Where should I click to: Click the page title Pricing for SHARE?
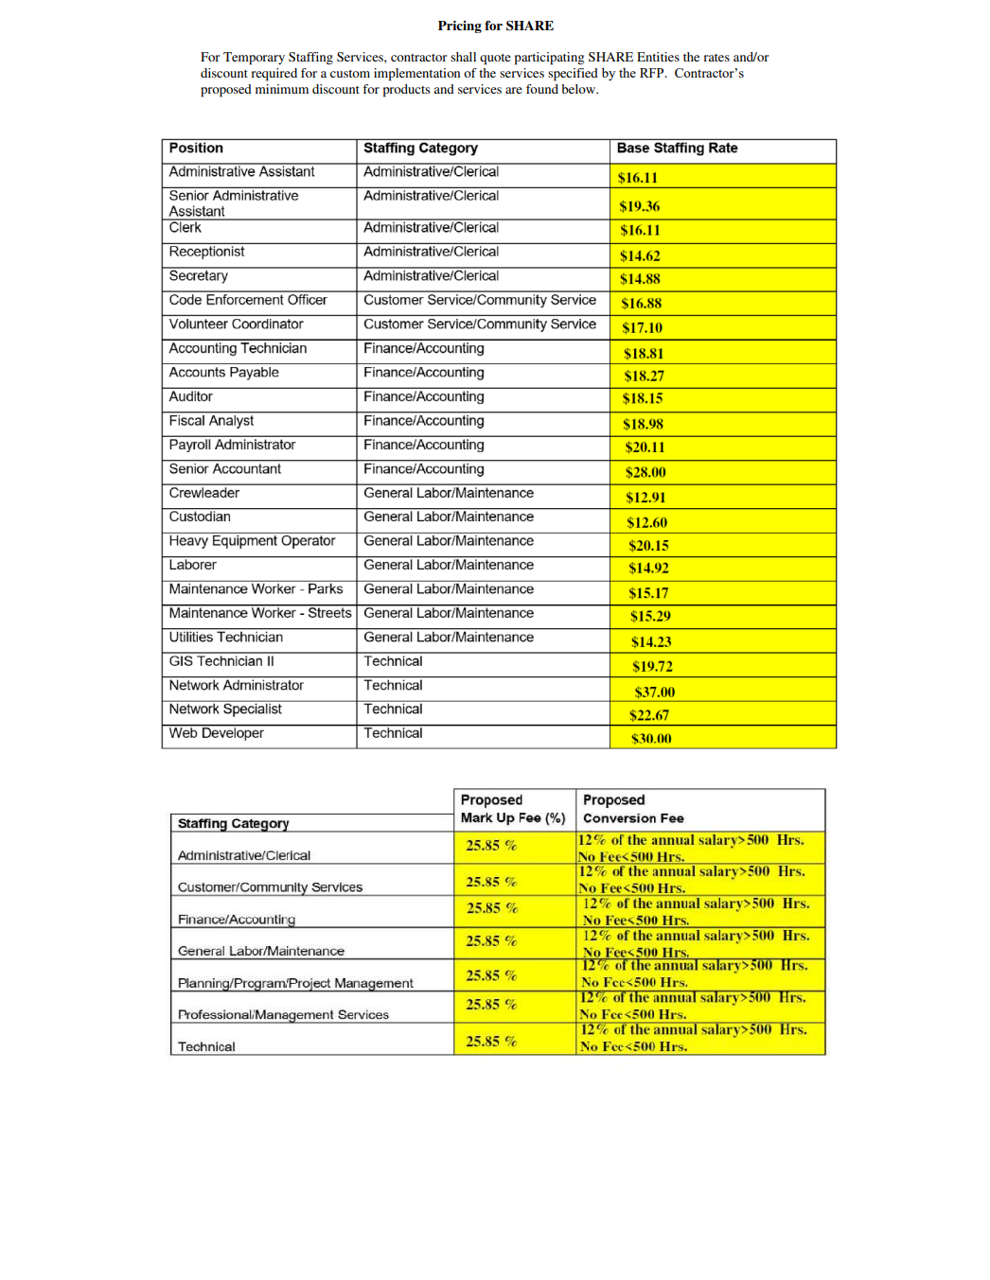tap(495, 26)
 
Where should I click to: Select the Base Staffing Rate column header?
tap(677, 149)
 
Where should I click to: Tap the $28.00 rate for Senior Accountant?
tap(645, 472)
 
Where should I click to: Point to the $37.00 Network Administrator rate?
tap(654, 692)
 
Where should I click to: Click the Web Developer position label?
tap(216, 733)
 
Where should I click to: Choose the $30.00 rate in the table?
tap(651, 739)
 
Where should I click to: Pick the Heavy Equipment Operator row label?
tap(252, 541)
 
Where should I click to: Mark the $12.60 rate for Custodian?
tap(646, 522)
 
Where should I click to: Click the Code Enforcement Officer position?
tap(248, 300)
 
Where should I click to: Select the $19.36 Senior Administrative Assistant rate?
tap(640, 206)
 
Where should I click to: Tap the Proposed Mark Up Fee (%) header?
tap(513, 809)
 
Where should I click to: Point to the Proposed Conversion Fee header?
tap(633, 809)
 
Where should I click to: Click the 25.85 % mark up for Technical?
tap(491, 1041)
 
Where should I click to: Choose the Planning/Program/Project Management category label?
tap(295, 983)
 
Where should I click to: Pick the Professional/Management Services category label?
tap(283, 1014)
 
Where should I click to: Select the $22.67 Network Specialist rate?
tap(649, 715)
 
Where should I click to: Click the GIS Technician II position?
tap(221, 661)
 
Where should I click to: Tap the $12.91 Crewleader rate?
tap(645, 498)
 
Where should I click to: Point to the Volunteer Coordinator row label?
tap(236, 324)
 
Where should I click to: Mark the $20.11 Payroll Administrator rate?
tap(645, 447)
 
